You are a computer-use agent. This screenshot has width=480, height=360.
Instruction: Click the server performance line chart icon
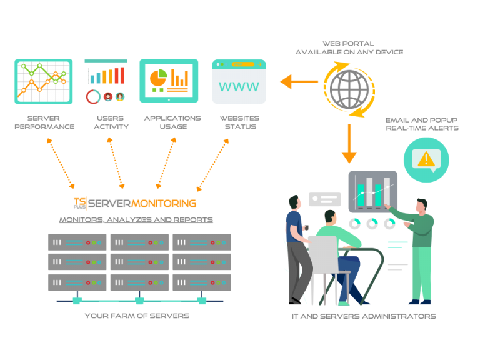click(44, 81)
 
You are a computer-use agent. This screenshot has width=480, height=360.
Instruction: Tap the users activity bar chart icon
click(106, 81)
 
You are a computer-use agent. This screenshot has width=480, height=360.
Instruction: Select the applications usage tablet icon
click(169, 81)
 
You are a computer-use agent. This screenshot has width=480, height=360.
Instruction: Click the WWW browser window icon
click(239, 82)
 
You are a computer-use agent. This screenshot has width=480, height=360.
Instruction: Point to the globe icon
click(349, 88)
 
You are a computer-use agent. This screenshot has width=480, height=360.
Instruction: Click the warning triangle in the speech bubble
click(426, 159)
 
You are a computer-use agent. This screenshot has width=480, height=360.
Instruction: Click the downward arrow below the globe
click(349, 144)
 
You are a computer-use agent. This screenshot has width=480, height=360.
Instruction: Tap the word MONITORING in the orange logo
click(164, 203)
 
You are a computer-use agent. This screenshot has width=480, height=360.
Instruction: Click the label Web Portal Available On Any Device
click(349, 47)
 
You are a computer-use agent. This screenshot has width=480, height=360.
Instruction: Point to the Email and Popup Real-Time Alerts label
click(422, 124)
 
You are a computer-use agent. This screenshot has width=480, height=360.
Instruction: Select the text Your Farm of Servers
click(137, 316)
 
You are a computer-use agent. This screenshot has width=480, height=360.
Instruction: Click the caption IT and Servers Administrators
click(364, 316)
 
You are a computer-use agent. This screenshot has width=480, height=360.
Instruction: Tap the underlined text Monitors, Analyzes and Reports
click(136, 220)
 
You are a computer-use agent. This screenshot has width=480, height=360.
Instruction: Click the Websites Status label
click(239, 122)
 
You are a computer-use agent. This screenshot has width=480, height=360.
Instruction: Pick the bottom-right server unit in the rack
click(202, 282)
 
